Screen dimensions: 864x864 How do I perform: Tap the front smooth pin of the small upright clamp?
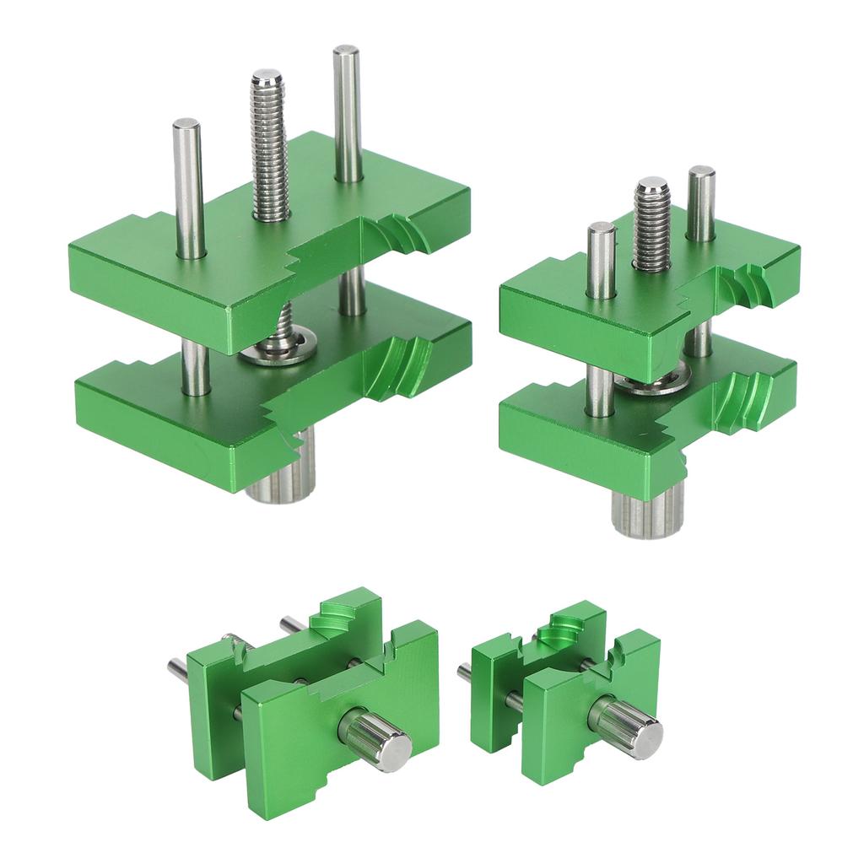pyautogui.click(x=601, y=262)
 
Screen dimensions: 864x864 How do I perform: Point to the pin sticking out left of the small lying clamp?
pyautogui.click(x=464, y=672)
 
